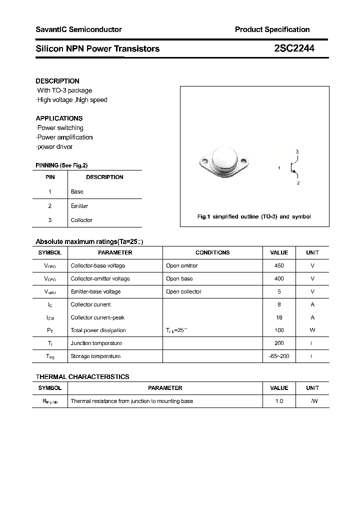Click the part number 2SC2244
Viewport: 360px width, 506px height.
click(294, 48)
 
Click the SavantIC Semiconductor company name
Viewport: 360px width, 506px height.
click(78, 29)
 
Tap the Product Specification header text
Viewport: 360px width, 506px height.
click(272, 29)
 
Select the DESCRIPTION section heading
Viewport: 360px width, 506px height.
click(57, 81)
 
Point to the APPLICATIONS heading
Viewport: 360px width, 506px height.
click(59, 118)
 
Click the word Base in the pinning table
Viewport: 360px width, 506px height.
click(77, 191)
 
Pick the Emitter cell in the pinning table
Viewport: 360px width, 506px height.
click(79, 206)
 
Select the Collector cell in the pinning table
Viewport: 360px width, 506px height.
click(81, 220)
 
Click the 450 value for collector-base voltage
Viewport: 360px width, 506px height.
click(279, 265)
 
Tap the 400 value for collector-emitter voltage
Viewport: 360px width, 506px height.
click(279, 278)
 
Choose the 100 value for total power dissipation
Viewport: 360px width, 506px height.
click(279, 330)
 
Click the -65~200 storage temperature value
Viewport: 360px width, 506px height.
click(279, 356)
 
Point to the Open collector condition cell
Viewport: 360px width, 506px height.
click(183, 291)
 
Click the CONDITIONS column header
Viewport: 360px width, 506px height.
click(212, 253)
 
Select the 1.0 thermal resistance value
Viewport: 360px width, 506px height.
click(279, 401)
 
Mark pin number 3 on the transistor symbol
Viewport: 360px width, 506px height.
click(297, 151)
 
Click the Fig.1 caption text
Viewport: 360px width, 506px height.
click(254, 216)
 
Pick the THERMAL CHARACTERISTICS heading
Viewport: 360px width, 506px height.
click(82, 376)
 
